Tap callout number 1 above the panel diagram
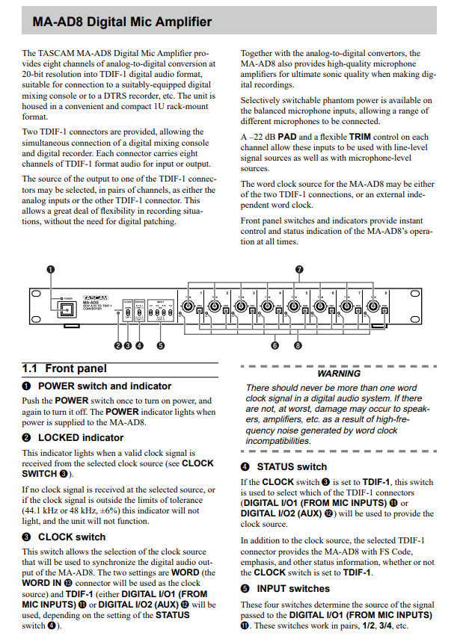click(51, 270)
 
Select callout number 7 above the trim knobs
click(298, 270)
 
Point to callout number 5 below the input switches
click(161, 346)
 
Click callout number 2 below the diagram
click(117, 346)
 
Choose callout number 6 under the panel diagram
click(275, 346)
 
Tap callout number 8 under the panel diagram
click(298, 346)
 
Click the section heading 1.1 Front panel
click(64, 368)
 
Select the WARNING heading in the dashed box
click(339, 373)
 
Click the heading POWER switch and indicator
click(104, 386)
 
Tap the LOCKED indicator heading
click(81, 438)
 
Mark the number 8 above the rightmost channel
click(386, 292)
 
